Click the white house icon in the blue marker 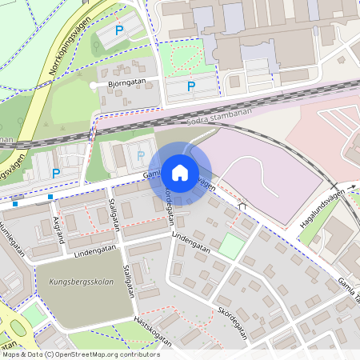pyautogui.click(x=180, y=173)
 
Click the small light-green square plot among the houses pyautogui.click(x=230, y=246)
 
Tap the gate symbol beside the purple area pyautogui.click(x=242, y=206)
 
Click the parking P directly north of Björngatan pyautogui.click(x=119, y=30)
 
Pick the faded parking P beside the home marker pyautogui.click(x=142, y=155)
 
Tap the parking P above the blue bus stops pyautogui.click(x=55, y=173)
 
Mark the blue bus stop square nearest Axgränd pyautogui.click(x=50, y=197)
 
